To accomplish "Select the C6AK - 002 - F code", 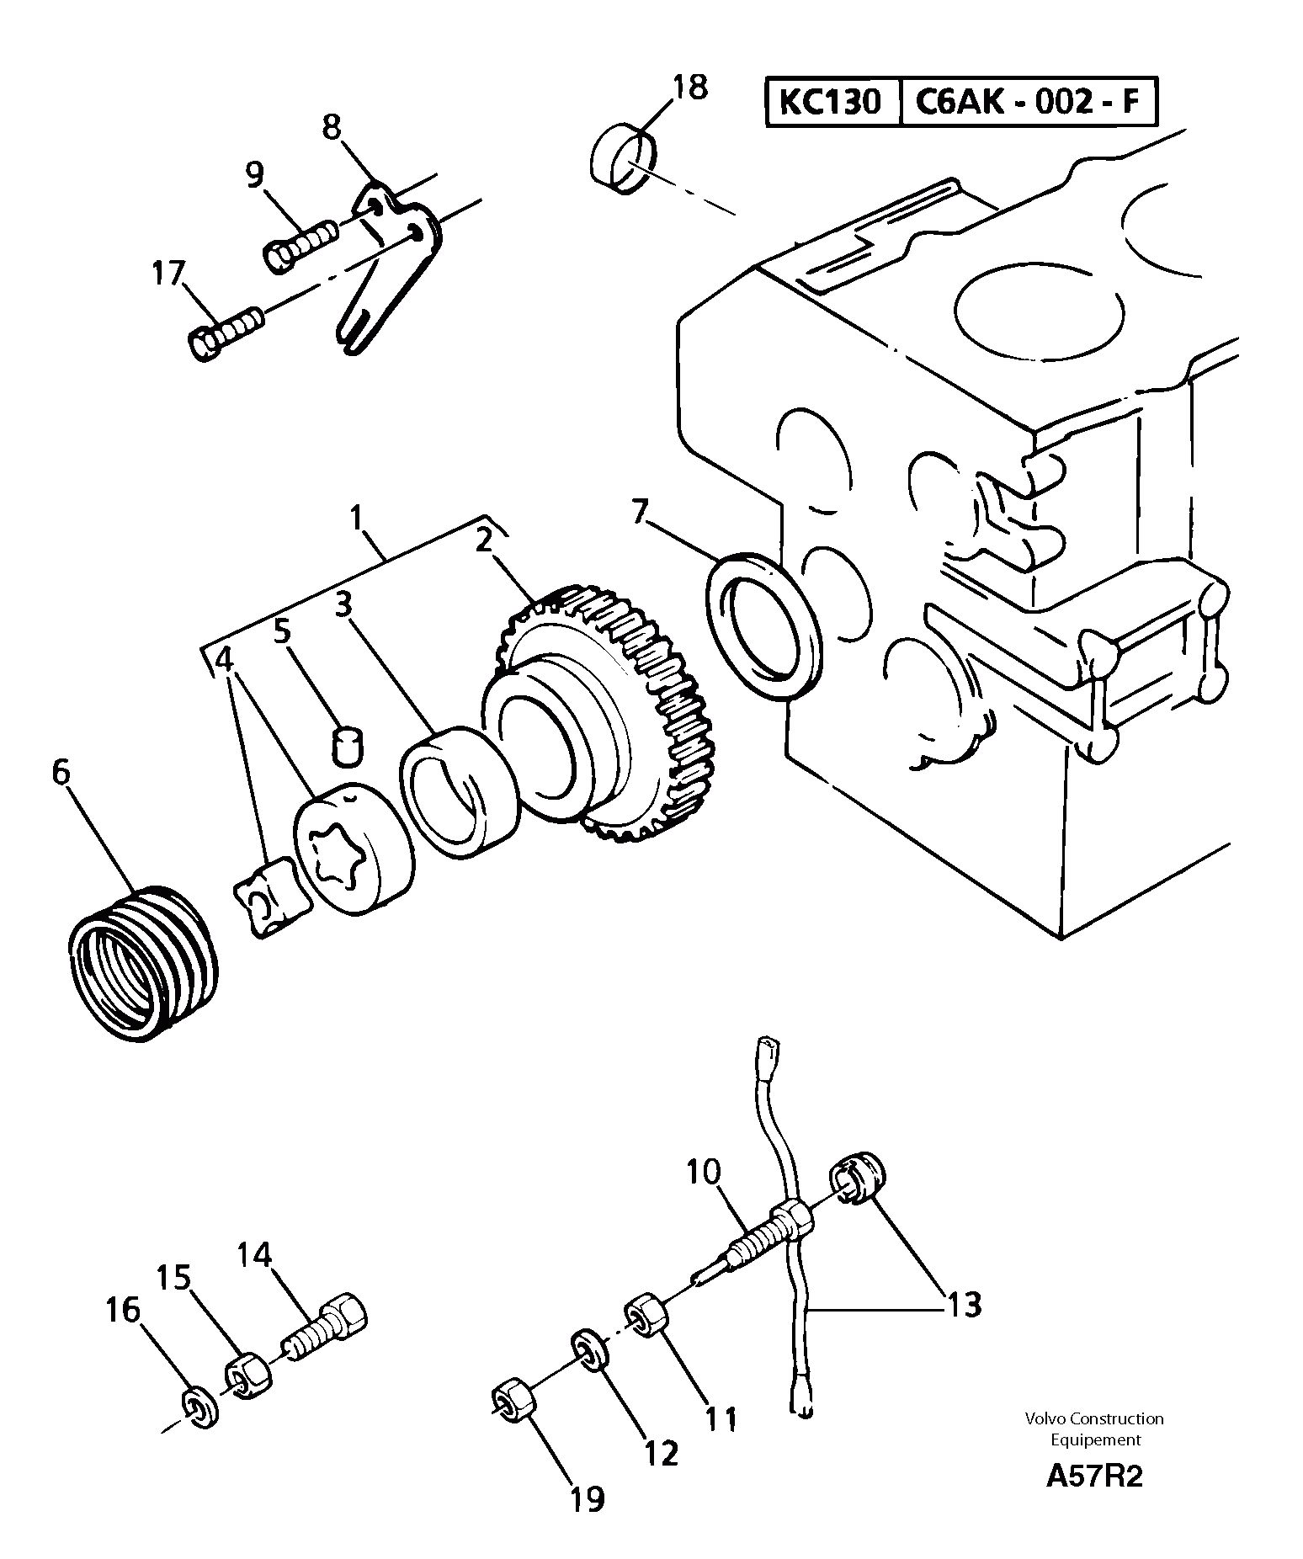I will (1027, 102).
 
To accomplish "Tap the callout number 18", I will (690, 88).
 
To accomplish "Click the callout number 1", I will (357, 517).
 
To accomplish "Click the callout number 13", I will (965, 1305).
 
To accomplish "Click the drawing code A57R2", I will (1094, 1500).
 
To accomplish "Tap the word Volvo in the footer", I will (1044, 1419).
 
